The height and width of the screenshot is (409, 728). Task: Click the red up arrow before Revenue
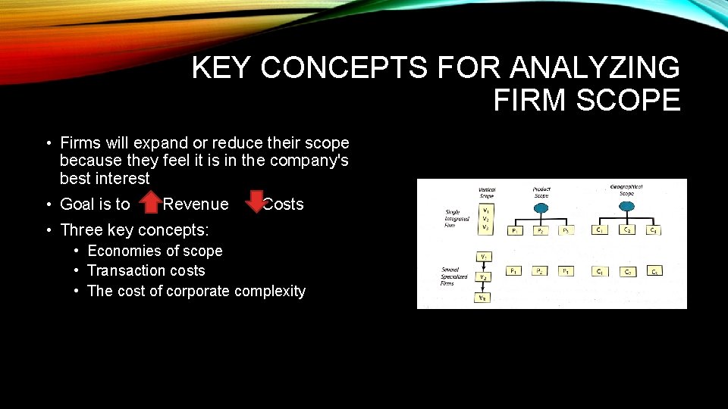[152, 203]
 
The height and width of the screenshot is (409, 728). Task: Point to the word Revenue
[196, 204]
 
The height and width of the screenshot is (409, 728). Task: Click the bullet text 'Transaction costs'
[146, 270]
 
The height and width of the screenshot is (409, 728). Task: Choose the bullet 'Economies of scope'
[155, 251]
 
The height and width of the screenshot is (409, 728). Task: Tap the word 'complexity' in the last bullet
[270, 291]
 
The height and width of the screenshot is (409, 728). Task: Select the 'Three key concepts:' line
[134, 229]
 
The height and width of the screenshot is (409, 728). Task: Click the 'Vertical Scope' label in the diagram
[487, 193]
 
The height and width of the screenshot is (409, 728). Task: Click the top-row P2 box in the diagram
[540, 231]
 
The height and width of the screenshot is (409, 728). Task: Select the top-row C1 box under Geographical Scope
[599, 230]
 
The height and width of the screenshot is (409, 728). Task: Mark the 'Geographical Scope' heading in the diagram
[627, 189]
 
